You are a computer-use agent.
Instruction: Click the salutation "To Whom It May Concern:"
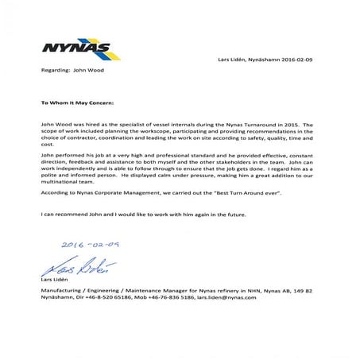(77, 103)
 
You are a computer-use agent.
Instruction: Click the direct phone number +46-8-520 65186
(108, 299)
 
